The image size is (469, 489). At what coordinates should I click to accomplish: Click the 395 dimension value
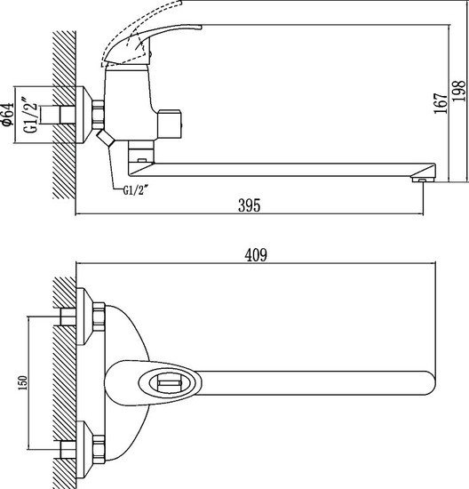tap(250, 205)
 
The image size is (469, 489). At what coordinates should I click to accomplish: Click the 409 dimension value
tap(257, 254)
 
